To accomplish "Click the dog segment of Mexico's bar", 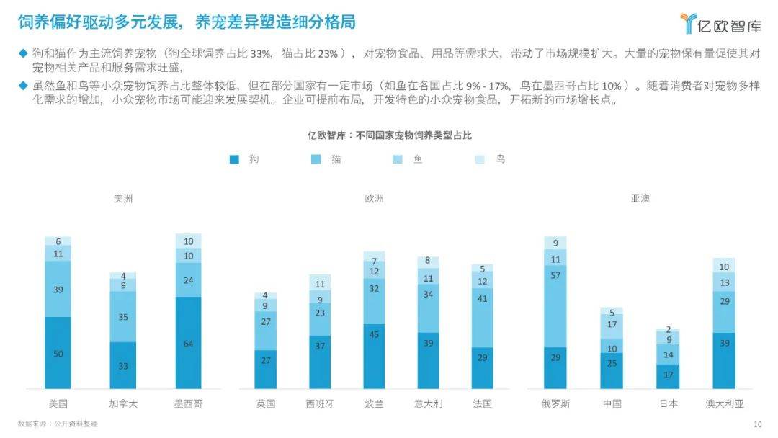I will [188, 343].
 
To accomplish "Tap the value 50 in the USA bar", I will [58, 353].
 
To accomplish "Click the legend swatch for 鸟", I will [481, 159].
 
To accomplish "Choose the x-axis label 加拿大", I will [123, 403].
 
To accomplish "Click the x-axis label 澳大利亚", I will [725, 403].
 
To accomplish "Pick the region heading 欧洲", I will [374, 198].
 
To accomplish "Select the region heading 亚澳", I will [640, 198].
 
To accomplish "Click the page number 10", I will [757, 424].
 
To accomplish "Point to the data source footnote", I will [58, 424].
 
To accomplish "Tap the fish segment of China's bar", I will [612, 325].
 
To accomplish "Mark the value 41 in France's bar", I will [483, 318].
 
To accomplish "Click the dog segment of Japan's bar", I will [668, 376].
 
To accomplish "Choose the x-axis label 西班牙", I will [320, 403].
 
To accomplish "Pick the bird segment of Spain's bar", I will [320, 283].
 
